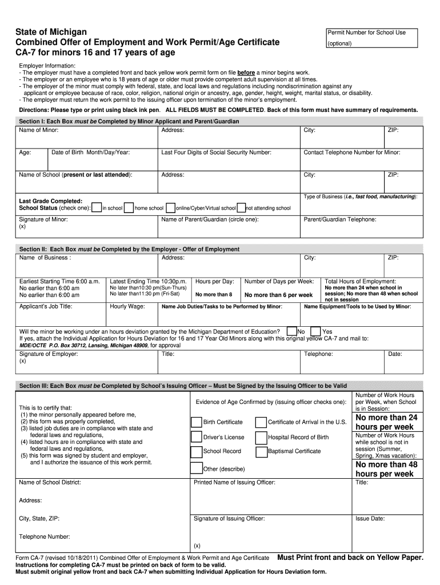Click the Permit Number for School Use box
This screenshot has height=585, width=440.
374,38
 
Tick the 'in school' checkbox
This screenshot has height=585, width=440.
97,208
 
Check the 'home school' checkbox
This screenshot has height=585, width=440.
129,208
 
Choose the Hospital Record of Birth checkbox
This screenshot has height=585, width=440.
262,437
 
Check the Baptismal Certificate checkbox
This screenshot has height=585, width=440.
262,451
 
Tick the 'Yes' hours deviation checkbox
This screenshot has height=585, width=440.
315,331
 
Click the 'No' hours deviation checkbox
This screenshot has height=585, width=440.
292,331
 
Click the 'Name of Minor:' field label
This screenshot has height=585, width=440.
39,130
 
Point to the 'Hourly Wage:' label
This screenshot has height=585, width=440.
127,307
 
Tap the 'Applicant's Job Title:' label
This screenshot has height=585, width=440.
46,307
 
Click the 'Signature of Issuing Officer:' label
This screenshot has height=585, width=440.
229,519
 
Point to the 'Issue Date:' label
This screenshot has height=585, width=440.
370,519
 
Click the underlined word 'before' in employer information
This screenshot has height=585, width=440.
246,73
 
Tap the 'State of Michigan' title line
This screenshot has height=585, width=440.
51,31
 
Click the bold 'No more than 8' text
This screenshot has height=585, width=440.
214,295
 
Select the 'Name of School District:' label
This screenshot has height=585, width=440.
50,483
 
